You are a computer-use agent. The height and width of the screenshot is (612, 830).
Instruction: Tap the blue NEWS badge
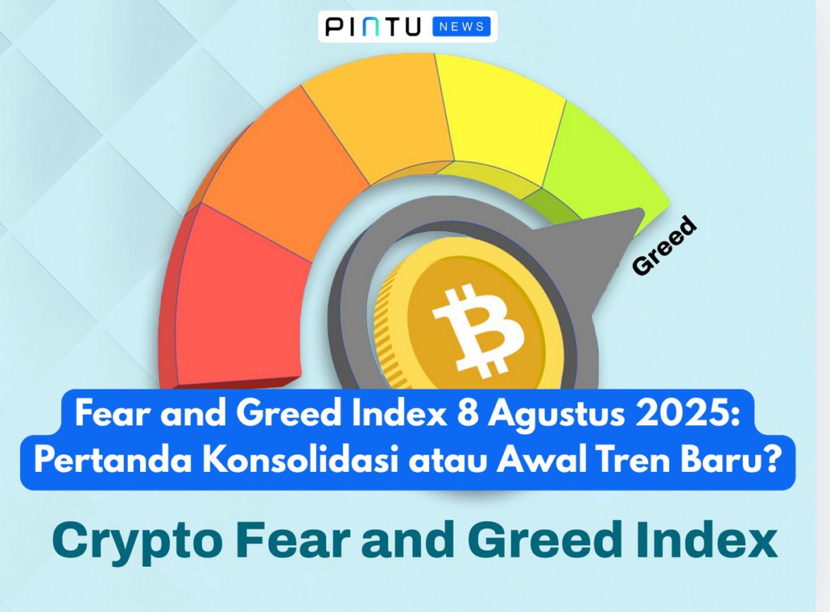point(462,27)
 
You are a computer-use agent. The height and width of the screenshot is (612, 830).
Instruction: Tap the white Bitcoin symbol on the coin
point(478,329)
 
